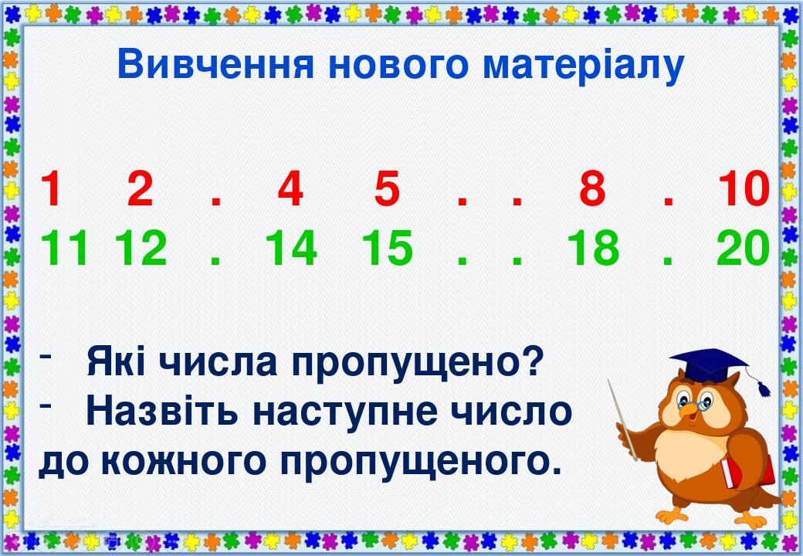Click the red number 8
[x=592, y=190]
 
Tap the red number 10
[x=744, y=190]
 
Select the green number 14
[x=291, y=249]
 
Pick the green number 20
[x=744, y=249]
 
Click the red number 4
[x=290, y=190]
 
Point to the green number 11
[x=66, y=249]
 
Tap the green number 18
[x=593, y=249]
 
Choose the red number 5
[x=387, y=190]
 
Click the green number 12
[x=141, y=249]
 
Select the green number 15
[x=387, y=249]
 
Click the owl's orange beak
[x=689, y=414]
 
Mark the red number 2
[x=141, y=190]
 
